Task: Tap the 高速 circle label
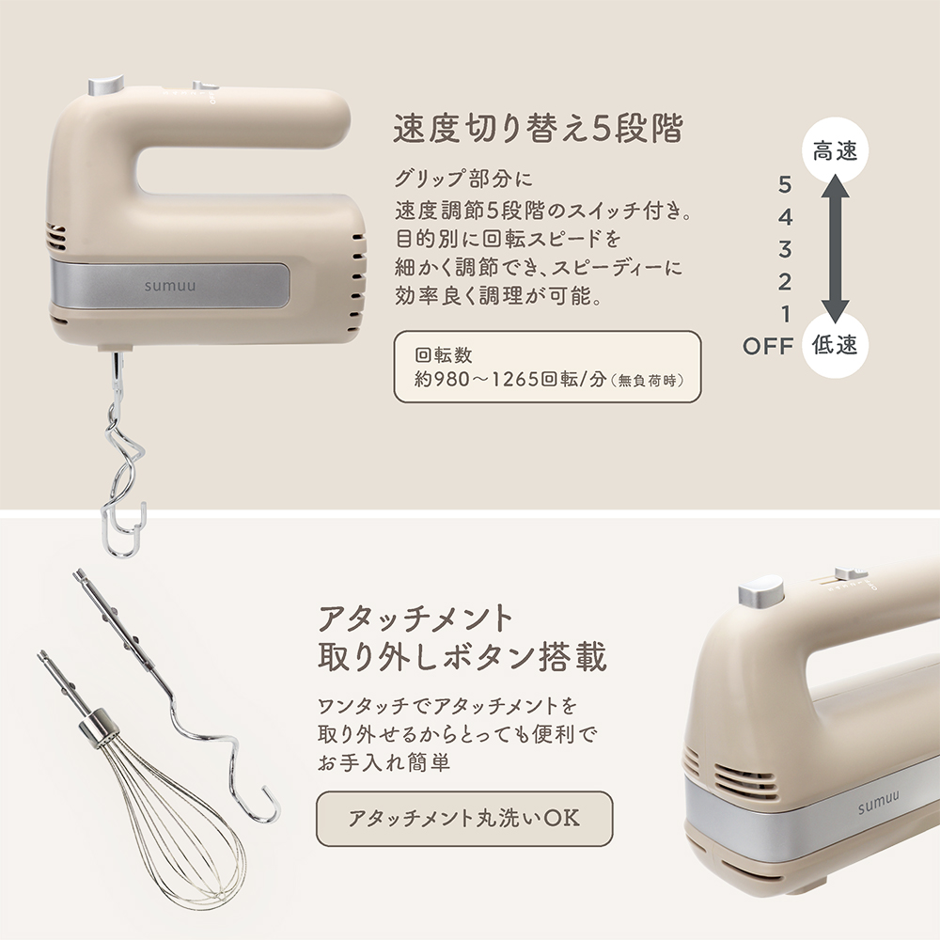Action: click(835, 150)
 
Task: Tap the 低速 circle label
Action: click(835, 345)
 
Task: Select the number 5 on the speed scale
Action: click(785, 185)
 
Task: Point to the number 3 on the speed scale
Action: click(785, 249)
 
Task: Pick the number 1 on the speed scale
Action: click(785, 313)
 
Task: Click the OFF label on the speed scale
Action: click(768, 346)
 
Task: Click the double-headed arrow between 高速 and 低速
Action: click(835, 247)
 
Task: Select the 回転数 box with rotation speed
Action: click(547, 368)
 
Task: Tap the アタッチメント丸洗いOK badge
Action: click(464, 818)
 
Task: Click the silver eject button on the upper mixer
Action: click(105, 86)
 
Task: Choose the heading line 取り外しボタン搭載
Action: click(462, 658)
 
